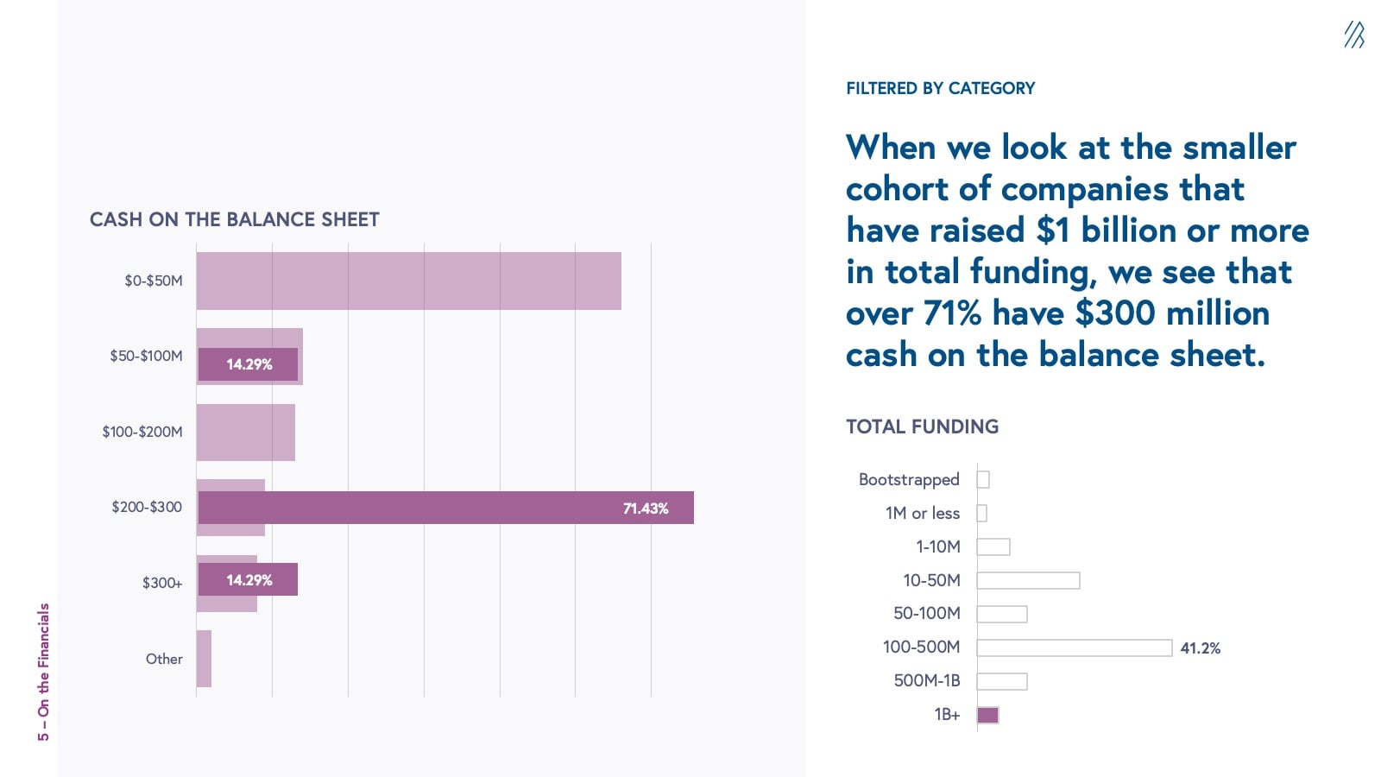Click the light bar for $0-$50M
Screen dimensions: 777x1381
click(408, 281)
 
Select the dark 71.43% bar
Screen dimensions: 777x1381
click(445, 508)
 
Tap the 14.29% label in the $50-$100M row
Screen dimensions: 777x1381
click(249, 364)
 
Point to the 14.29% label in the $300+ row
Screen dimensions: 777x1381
click(249, 580)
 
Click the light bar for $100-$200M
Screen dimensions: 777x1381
click(245, 432)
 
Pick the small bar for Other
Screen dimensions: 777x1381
click(204, 659)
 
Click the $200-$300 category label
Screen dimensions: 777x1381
click(147, 507)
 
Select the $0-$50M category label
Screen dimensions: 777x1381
click(154, 281)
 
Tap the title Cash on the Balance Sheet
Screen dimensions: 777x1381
click(235, 219)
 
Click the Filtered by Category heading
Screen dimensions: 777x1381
click(940, 88)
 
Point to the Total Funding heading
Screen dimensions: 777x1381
click(922, 426)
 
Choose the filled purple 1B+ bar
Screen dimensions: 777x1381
click(987, 715)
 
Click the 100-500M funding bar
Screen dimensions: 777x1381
click(1074, 647)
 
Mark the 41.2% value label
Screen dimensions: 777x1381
click(1200, 648)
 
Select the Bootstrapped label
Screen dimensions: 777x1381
click(909, 479)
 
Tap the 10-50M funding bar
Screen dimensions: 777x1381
click(1028, 580)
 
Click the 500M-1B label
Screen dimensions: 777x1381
click(927, 680)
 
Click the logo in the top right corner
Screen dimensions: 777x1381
click(1353, 35)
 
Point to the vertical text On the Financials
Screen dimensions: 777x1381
click(43, 672)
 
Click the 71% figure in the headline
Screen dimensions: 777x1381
click(952, 313)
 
